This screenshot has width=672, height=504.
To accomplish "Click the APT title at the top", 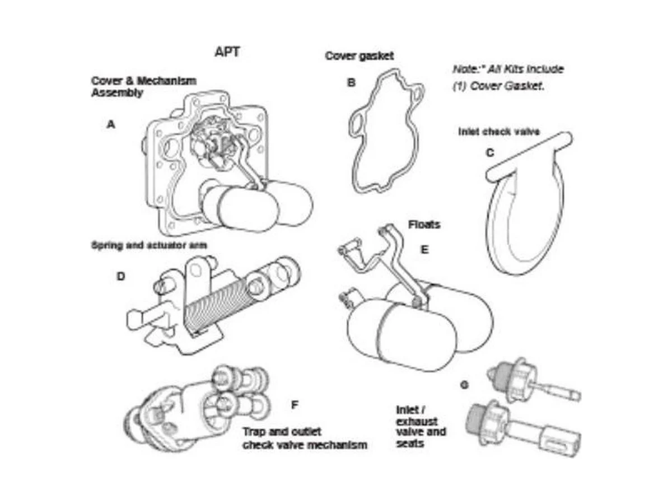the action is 227,52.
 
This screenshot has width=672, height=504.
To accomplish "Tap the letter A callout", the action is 111,124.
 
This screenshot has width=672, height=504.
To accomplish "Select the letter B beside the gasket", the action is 351,83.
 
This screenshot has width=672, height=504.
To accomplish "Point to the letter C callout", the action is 490,152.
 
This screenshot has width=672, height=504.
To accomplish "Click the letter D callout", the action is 121,276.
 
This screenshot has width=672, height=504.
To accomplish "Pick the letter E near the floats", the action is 424,250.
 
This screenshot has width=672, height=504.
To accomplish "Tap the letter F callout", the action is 294,405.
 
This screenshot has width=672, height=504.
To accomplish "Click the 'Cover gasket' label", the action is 359,56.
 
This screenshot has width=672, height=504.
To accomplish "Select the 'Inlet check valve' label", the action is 499,132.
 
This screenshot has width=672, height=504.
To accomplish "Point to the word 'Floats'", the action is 424,225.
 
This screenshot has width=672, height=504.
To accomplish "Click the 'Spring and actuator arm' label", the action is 149,245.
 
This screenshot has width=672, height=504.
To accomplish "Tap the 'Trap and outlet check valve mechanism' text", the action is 305,438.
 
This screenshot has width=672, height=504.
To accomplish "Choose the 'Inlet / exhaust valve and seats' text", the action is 421,427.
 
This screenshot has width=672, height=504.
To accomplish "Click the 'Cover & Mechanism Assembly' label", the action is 144,87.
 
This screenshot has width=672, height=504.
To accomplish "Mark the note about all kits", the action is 508,77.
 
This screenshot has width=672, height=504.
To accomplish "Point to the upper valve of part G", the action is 533,381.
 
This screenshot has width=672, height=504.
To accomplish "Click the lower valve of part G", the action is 524,428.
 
